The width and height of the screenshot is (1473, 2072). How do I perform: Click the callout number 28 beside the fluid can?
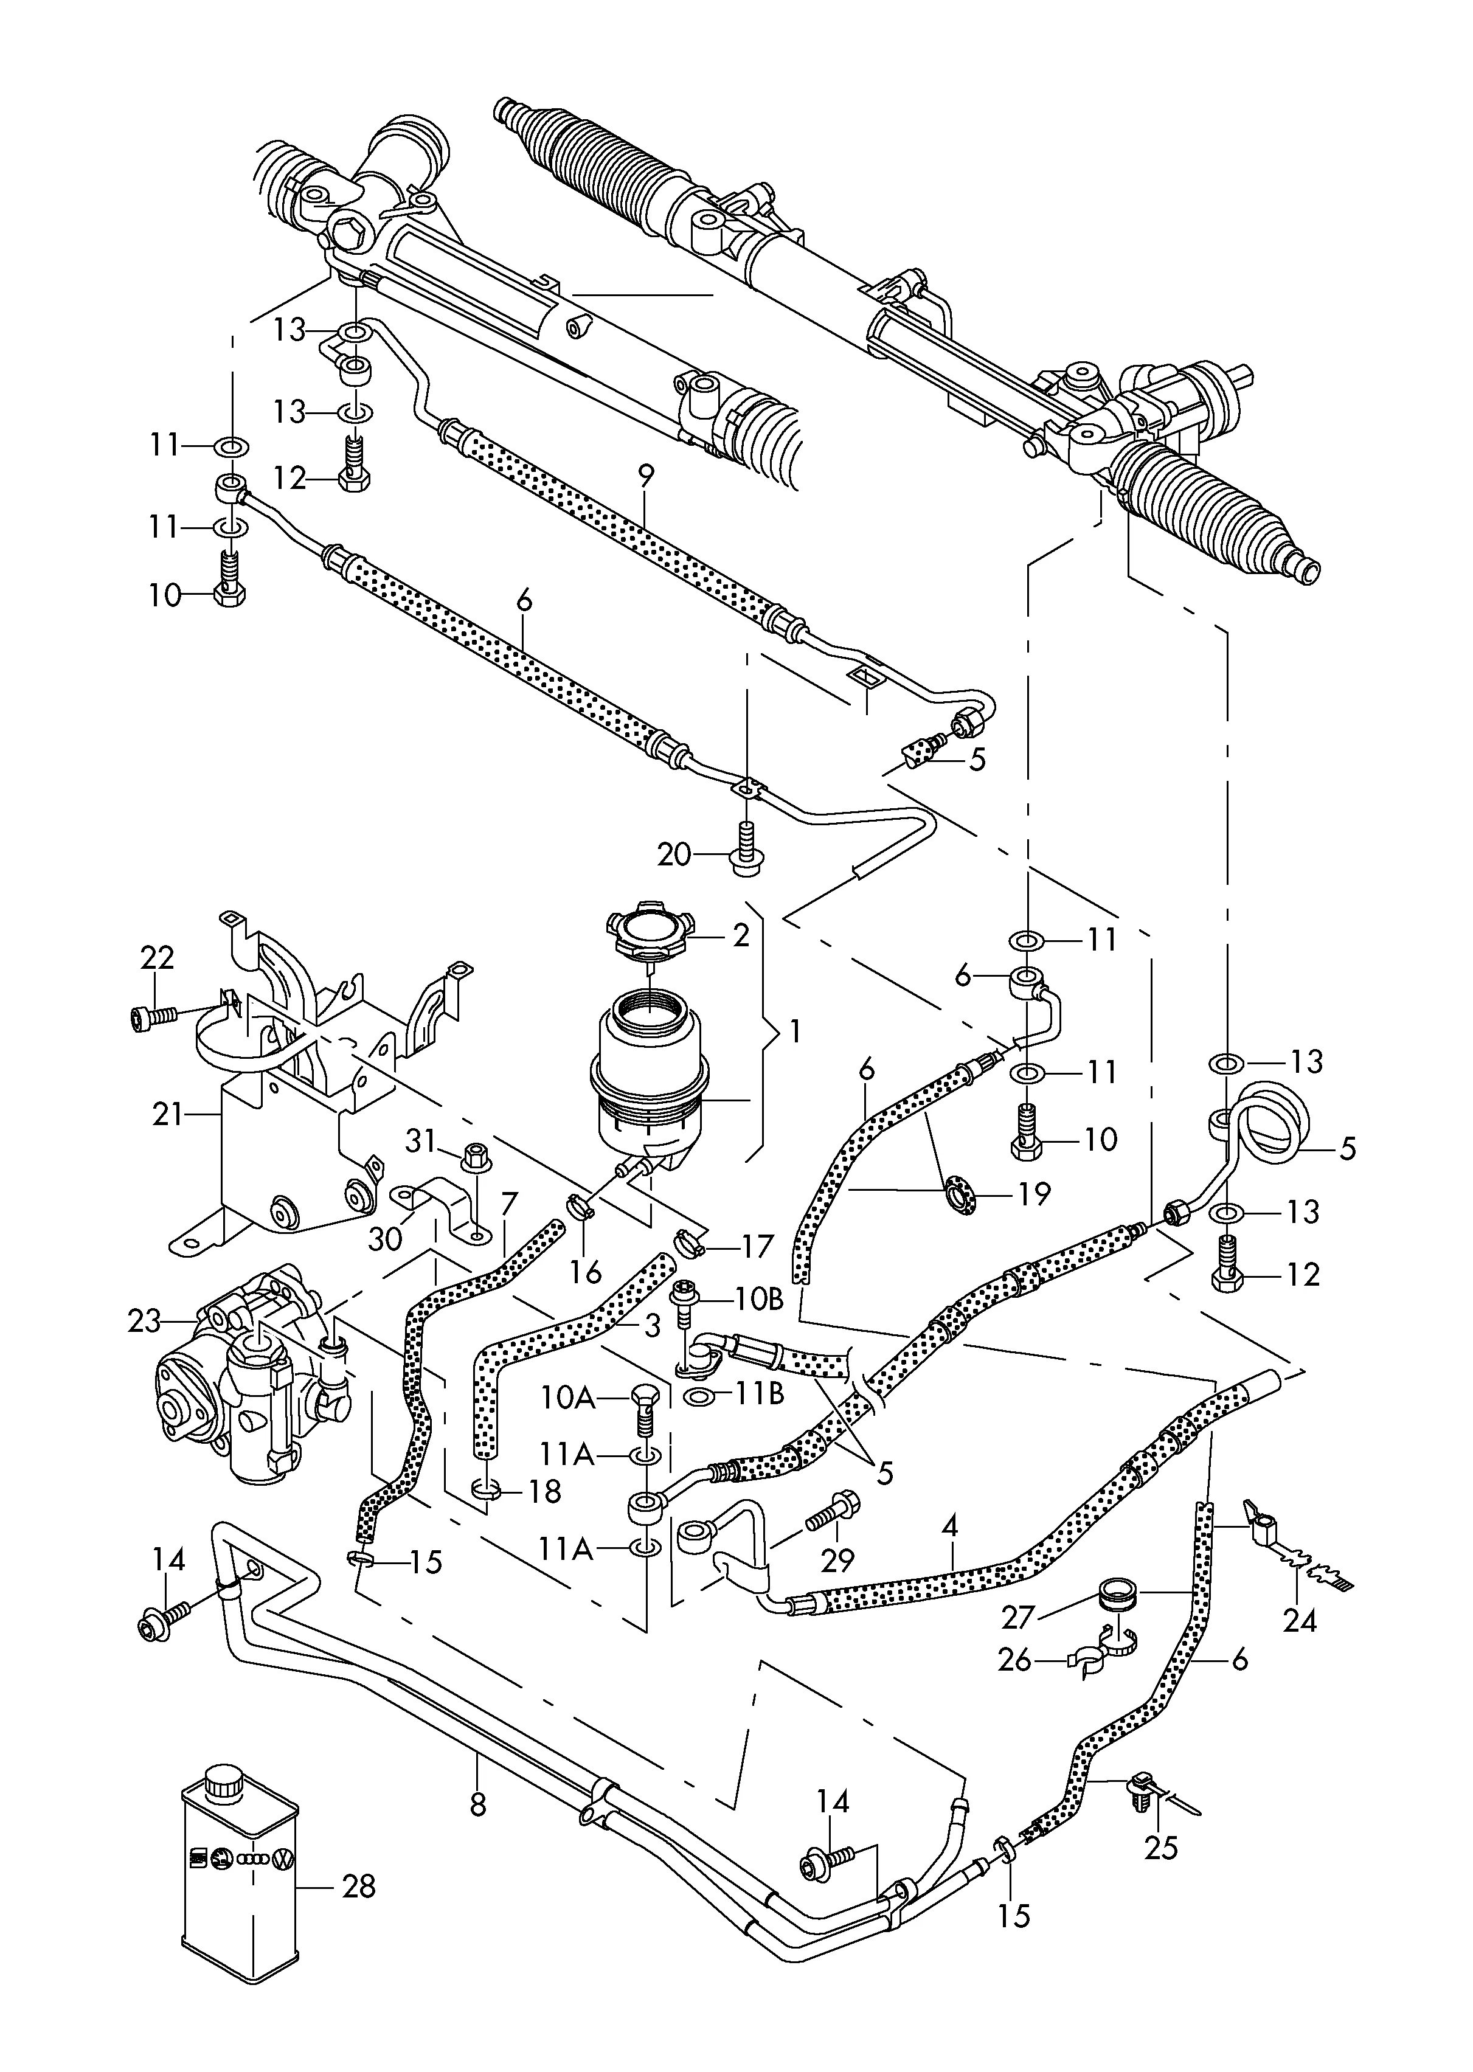tap(358, 1887)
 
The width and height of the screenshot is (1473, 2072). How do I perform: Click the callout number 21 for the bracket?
tap(168, 1114)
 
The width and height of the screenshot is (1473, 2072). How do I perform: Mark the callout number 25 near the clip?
tap(1160, 1847)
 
